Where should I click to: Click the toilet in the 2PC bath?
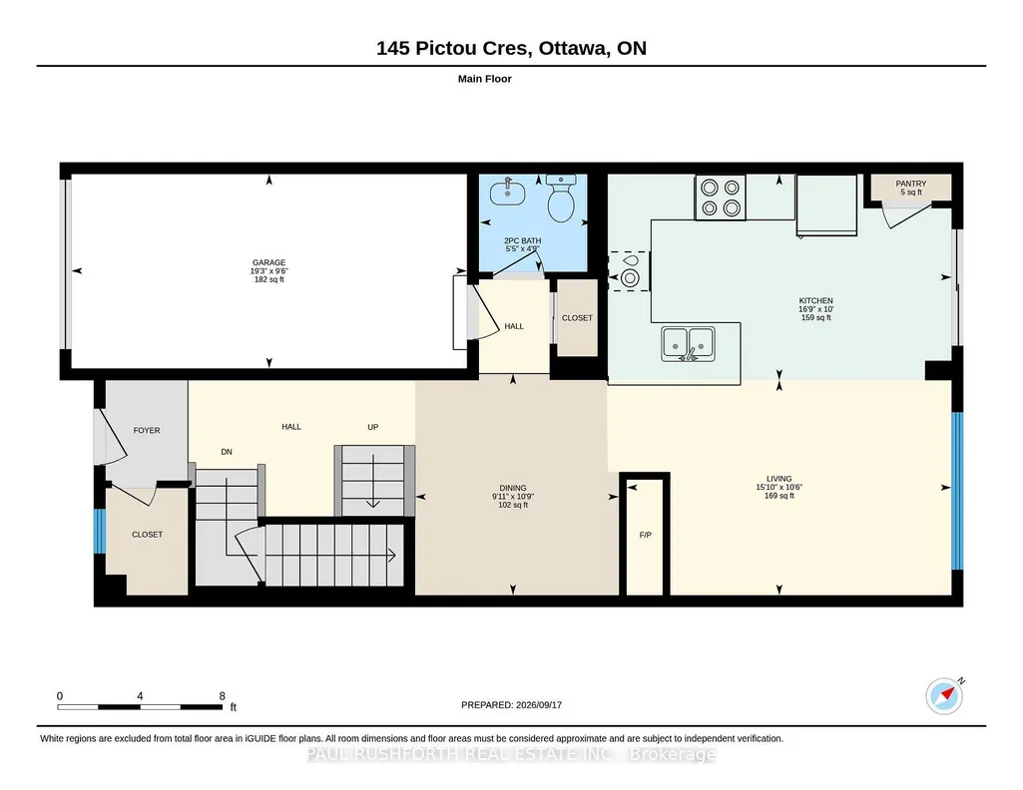tap(561, 198)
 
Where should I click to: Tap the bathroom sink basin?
tap(508, 193)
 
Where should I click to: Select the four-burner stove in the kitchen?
tap(721, 197)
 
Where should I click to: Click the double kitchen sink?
tap(688, 344)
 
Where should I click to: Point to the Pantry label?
tap(911, 184)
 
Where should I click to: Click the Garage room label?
tap(268, 262)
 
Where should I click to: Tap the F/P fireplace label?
tap(646, 535)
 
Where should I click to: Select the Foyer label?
tap(147, 430)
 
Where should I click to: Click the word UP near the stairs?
tap(372, 427)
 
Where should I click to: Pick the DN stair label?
tap(227, 452)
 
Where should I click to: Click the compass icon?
tap(944, 696)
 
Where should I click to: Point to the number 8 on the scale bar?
tap(223, 695)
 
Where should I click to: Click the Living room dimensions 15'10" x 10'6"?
tap(779, 487)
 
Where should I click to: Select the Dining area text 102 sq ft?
tap(513, 505)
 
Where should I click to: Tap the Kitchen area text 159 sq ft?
tap(816, 318)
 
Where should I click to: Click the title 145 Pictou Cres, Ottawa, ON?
tap(511, 48)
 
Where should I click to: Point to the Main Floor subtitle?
tap(485, 79)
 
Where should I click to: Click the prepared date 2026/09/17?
tap(539, 704)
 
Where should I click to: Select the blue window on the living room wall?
tap(957, 491)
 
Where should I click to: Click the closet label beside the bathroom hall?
tap(578, 318)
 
